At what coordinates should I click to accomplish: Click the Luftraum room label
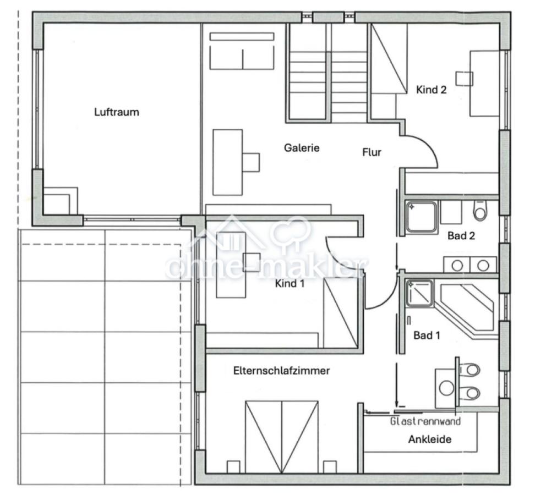pos(117,112)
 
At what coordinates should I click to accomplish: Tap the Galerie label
pos(302,148)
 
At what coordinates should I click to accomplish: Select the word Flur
pos(372,152)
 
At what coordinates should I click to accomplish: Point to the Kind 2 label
pos(432,90)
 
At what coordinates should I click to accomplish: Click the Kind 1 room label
pos(290,283)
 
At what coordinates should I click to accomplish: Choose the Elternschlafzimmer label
pos(281,371)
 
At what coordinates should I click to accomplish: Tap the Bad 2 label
pos(461,235)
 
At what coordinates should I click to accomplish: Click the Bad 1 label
pos(427,335)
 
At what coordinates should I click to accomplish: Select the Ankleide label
pos(429,439)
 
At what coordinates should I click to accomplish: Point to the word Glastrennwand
pos(425,421)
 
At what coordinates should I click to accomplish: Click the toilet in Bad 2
pos(480,210)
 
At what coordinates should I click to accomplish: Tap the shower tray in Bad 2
pos(422,217)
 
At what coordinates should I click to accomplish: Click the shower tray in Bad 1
pos(419,293)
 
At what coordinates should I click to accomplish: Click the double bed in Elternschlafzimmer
pos(281,437)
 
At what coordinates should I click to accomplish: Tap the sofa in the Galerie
pos(242,51)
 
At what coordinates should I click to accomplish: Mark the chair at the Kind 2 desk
pos(465,79)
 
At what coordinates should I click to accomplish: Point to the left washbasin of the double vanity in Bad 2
pos(457,265)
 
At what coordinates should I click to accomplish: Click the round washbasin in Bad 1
pos(446,388)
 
